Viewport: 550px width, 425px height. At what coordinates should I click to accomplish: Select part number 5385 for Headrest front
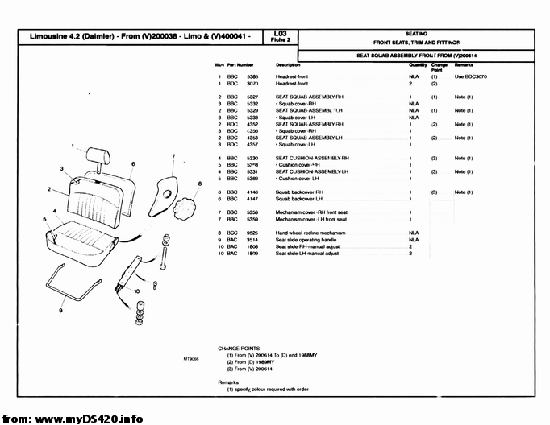(252, 76)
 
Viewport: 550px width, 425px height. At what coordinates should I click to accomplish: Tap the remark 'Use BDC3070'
(471, 76)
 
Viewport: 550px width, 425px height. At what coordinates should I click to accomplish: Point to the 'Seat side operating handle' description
(307, 240)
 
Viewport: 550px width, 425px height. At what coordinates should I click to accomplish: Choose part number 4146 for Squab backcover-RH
(252, 192)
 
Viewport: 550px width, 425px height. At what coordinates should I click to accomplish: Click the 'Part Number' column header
(240, 64)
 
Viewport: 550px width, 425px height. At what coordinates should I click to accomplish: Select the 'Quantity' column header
(418, 64)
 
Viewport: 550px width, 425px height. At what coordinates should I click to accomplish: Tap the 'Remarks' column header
(463, 64)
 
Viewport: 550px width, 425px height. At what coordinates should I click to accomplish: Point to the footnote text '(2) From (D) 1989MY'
(251, 361)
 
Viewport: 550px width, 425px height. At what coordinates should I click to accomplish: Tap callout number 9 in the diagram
(60, 308)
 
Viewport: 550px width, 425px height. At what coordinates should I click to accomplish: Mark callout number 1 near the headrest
(72, 146)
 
